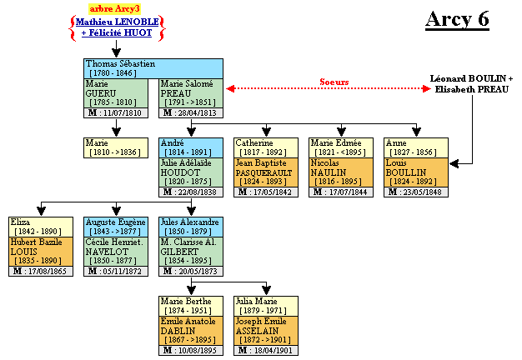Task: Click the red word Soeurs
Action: [x=334, y=82]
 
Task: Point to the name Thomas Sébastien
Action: [x=120, y=63]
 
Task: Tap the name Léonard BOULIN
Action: [x=471, y=77]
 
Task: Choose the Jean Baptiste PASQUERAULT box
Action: [x=265, y=172]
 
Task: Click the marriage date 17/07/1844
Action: [x=340, y=192]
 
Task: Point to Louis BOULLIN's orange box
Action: [x=415, y=172]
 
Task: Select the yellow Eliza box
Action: [x=40, y=227]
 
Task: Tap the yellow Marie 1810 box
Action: [x=115, y=147]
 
